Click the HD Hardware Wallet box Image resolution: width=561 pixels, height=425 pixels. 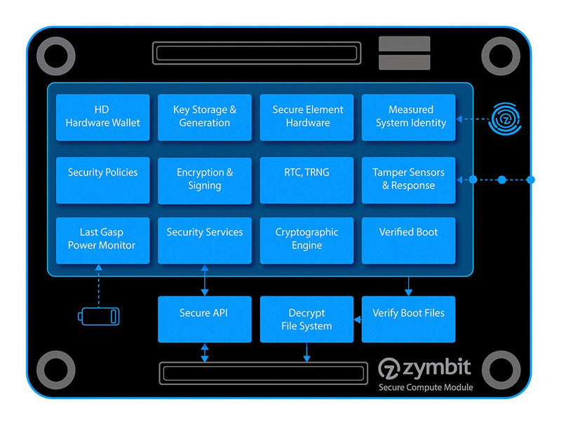pyautogui.click(x=102, y=117)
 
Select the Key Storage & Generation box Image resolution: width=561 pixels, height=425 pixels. pyautogui.click(x=204, y=117)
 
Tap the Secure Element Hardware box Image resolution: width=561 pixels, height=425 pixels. pyautogui.click(x=306, y=117)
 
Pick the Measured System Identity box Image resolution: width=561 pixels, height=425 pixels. pyautogui.click(x=408, y=117)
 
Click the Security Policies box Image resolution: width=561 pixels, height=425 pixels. pyautogui.click(x=102, y=180)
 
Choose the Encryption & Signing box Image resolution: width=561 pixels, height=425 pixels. pyautogui.click(x=204, y=180)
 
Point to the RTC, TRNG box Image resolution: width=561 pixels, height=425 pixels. pyautogui.click(x=306, y=180)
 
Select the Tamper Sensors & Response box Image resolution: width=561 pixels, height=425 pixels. pyautogui.click(x=408, y=180)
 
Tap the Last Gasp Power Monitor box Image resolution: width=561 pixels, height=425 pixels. pyautogui.click(x=102, y=241)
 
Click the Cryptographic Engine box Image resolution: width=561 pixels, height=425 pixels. pyautogui.click(x=306, y=241)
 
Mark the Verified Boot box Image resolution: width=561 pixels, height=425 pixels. pyautogui.click(x=408, y=241)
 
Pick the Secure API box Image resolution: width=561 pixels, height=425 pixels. pyautogui.click(x=204, y=319)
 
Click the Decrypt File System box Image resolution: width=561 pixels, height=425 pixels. pyautogui.click(x=306, y=319)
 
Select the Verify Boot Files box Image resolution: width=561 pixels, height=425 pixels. pyautogui.click(x=408, y=319)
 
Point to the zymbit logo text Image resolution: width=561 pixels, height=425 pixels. pyautogui.click(x=425, y=367)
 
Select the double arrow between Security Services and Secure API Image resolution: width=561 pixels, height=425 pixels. pyautogui.click(x=204, y=281)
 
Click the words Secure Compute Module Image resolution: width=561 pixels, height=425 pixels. pyautogui.click(x=426, y=387)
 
